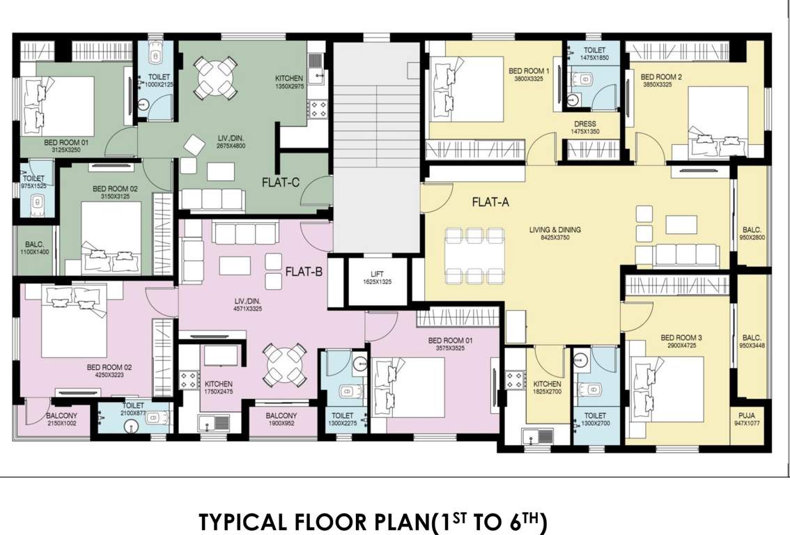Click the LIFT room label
(376, 274)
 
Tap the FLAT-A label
(491, 203)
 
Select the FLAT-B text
(303, 272)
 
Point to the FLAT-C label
(281, 183)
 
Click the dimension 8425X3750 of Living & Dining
(555, 238)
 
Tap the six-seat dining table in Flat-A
(474, 254)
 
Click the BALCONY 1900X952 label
(283, 419)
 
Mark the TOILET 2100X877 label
(133, 410)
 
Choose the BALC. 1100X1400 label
(36, 249)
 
